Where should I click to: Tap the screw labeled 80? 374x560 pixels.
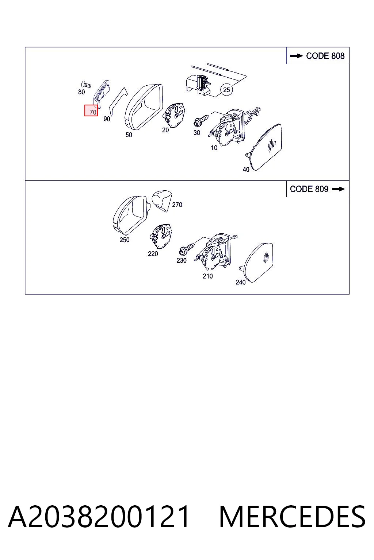click(x=86, y=85)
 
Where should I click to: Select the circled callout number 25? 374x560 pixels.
click(x=226, y=90)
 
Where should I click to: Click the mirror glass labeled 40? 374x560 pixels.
click(x=266, y=147)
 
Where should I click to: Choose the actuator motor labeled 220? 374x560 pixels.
click(x=161, y=236)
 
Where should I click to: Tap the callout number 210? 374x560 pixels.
click(x=208, y=276)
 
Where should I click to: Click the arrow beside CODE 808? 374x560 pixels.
click(x=296, y=56)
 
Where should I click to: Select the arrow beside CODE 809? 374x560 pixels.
click(x=339, y=189)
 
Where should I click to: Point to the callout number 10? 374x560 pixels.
click(x=214, y=148)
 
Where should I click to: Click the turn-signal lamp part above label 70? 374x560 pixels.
click(x=102, y=93)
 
